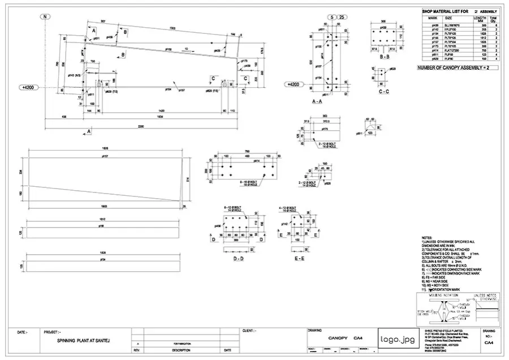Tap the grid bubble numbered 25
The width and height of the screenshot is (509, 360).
pos(343,16)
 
